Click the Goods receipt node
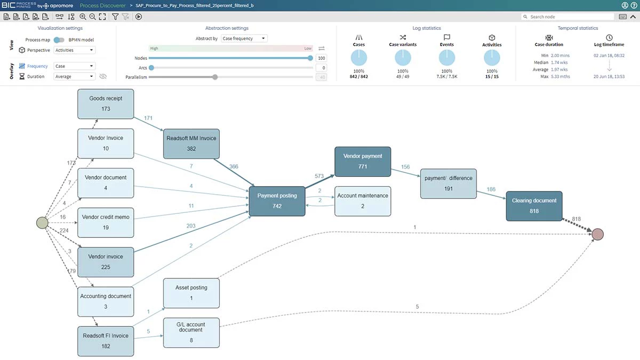tap(105, 103)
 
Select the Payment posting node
tap(277, 201)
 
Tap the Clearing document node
tap(534, 205)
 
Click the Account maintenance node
tap(363, 201)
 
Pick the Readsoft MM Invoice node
tap(191, 143)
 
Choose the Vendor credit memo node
tap(105, 222)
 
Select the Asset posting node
tap(191, 292)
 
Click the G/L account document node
tap(191, 332)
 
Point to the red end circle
tap(597, 234)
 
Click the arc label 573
tap(319, 175)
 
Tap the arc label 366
tap(234, 166)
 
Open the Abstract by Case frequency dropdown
tap(244, 38)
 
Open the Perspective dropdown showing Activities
tap(75, 50)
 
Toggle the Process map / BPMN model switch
tap(59, 40)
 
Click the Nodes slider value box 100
tap(321, 58)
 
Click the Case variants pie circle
tap(403, 58)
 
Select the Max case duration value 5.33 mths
tap(561, 76)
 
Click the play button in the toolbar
tap(139, 17)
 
